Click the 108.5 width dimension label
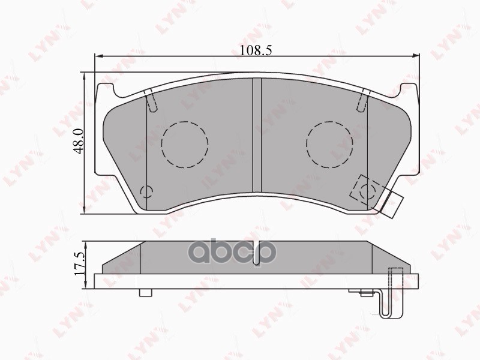pos(256,50)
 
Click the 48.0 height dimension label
pos(79,141)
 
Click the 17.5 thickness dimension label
pos(80,264)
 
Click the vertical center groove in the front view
pos(257,136)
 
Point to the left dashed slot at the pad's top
pos(151,100)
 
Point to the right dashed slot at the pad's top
pos(364,100)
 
